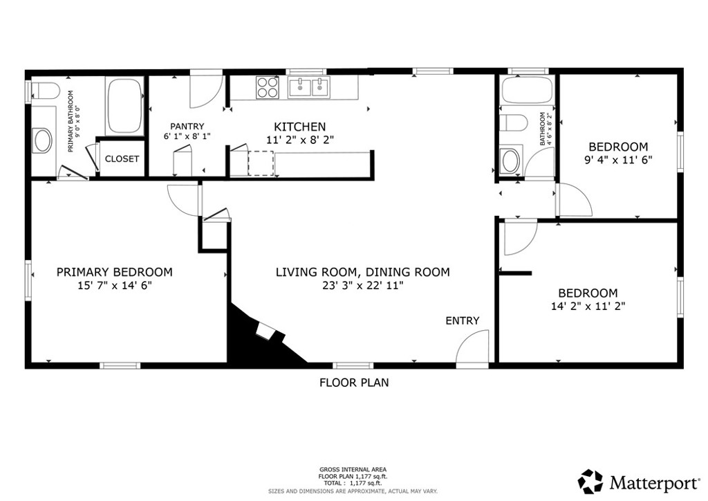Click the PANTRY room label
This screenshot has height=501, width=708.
(x=187, y=127)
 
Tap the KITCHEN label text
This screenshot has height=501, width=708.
(x=300, y=127)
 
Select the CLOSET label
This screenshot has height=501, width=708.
(x=122, y=159)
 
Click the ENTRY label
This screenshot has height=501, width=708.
(x=463, y=321)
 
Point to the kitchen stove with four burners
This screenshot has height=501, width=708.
(x=268, y=87)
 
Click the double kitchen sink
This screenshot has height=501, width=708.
(x=309, y=87)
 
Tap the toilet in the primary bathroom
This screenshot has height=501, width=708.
(x=45, y=91)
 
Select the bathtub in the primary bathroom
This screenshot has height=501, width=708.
(x=124, y=106)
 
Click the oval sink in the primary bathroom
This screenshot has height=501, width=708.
(x=42, y=140)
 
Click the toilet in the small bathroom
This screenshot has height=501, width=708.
(x=514, y=122)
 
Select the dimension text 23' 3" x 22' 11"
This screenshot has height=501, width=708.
(x=362, y=286)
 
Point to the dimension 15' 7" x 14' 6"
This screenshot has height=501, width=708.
(x=115, y=286)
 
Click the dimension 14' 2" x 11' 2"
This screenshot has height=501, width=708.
(x=588, y=307)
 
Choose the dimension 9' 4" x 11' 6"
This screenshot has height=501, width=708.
(x=619, y=160)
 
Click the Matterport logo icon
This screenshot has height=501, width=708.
(x=590, y=482)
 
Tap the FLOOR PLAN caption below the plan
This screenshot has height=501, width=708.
(x=354, y=383)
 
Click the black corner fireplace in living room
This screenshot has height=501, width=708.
(x=260, y=336)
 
